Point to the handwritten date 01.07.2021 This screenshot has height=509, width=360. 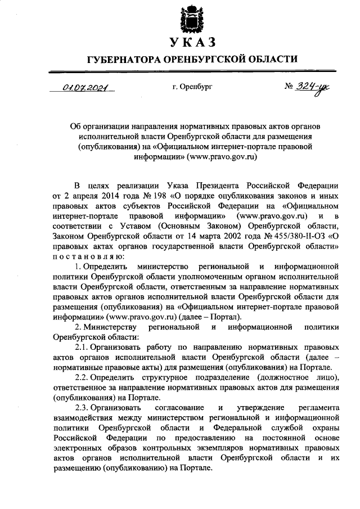(84, 88)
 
